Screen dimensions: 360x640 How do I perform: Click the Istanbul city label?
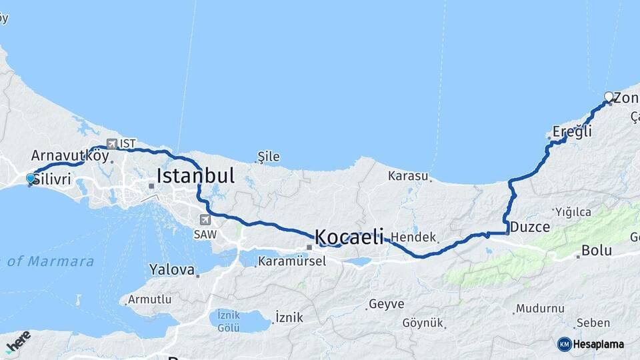(195, 176)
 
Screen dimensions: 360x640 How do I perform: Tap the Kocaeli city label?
(349, 236)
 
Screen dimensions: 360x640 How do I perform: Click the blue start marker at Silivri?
(30, 178)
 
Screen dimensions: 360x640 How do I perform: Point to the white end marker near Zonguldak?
(609, 97)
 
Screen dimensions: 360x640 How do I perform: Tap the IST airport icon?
(111, 143)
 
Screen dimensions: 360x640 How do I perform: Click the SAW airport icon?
(205, 219)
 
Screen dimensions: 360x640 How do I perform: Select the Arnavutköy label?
(70, 155)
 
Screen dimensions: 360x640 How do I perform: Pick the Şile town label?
(268, 157)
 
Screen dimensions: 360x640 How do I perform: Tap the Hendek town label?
(413, 237)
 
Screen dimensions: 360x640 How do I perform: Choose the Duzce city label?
(530, 227)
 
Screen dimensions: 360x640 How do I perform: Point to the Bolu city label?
(597, 251)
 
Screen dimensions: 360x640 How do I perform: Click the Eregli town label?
(572, 132)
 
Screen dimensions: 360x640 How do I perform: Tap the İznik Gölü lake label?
(228, 321)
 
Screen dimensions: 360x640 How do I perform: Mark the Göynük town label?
(423, 323)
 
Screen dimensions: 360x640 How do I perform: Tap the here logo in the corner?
(18, 341)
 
